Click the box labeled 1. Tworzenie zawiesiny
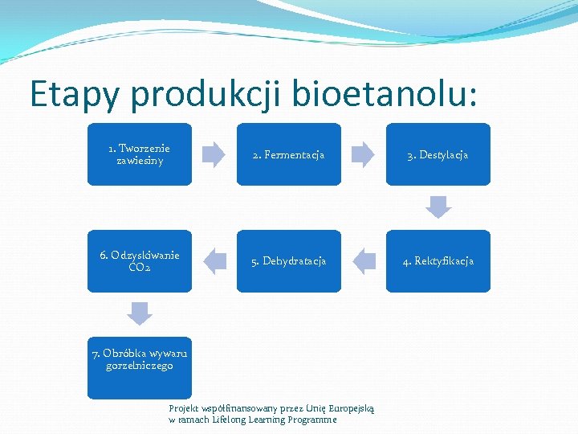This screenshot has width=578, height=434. click(x=140, y=154)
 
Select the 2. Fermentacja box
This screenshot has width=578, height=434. click(x=288, y=154)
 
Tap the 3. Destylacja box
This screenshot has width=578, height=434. click(x=438, y=154)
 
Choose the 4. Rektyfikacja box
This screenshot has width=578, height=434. click(x=438, y=261)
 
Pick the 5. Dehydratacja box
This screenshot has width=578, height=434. click(x=288, y=261)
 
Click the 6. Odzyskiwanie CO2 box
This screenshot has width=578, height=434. click(x=140, y=261)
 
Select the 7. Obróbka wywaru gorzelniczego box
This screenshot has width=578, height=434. click(x=140, y=367)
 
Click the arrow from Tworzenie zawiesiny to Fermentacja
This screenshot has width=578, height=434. click(x=214, y=154)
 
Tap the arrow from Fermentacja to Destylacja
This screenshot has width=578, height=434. click(x=363, y=154)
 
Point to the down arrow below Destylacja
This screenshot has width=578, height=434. click(x=438, y=207)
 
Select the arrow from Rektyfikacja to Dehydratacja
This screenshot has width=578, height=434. click(x=364, y=261)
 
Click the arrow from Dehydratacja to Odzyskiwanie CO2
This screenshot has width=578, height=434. click(x=214, y=261)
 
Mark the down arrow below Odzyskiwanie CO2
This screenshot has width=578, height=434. click(x=140, y=313)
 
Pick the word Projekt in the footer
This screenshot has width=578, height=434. click(x=184, y=408)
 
